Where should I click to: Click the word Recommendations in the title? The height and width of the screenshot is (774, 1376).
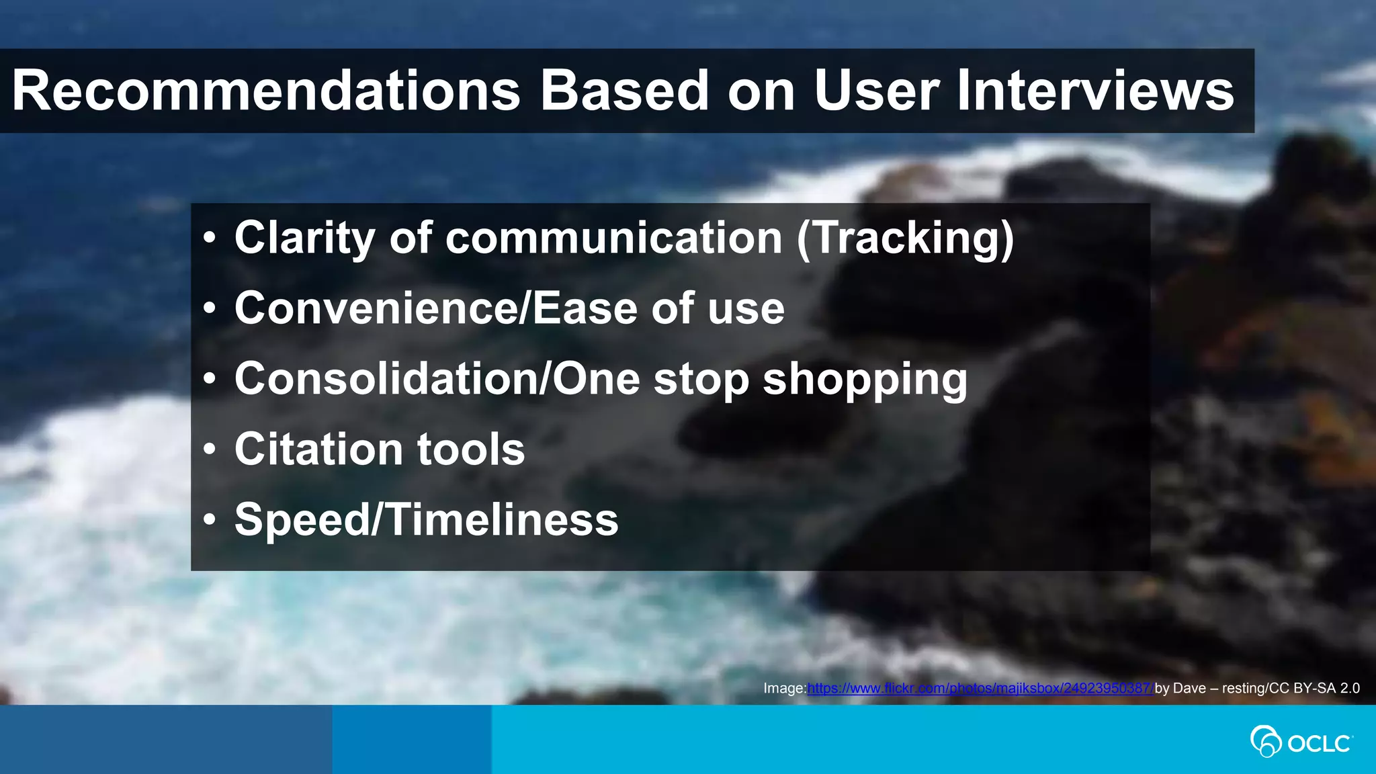pyautogui.click(x=266, y=91)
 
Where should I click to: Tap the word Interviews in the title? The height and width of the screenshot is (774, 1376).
pyautogui.click(x=1094, y=91)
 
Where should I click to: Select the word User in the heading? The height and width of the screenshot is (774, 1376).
pyautogui.click(x=876, y=91)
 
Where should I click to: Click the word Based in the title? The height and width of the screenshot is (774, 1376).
pyautogui.click(x=625, y=91)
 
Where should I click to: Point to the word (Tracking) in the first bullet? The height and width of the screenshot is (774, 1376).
pyautogui.click(x=905, y=239)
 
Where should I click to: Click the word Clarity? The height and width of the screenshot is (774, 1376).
pyautogui.click(x=304, y=239)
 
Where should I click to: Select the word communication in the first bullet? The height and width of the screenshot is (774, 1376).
pyautogui.click(x=613, y=239)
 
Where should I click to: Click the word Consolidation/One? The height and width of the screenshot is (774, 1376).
pyautogui.click(x=437, y=379)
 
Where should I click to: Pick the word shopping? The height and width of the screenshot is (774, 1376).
pyautogui.click(x=865, y=380)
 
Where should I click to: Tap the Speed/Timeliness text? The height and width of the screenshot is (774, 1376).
pyautogui.click(x=426, y=520)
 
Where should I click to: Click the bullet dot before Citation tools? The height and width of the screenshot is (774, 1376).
pyautogui.click(x=210, y=450)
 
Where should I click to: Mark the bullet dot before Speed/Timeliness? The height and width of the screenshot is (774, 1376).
pyautogui.click(x=210, y=521)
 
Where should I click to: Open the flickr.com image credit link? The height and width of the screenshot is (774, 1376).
pyautogui.click(x=980, y=688)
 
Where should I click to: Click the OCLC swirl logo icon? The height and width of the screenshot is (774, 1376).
pyautogui.click(x=1264, y=742)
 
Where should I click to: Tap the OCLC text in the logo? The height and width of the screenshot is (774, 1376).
pyautogui.click(x=1318, y=744)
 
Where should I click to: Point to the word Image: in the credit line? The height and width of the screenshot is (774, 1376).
pyautogui.click(x=784, y=688)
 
